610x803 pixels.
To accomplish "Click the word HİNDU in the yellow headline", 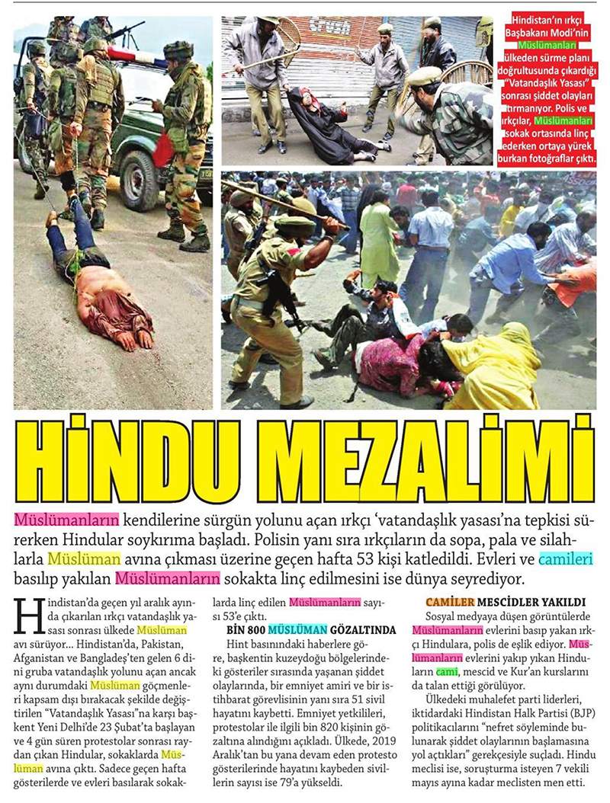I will point(122,462).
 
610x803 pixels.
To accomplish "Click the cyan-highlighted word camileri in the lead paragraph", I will point(565,558).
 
